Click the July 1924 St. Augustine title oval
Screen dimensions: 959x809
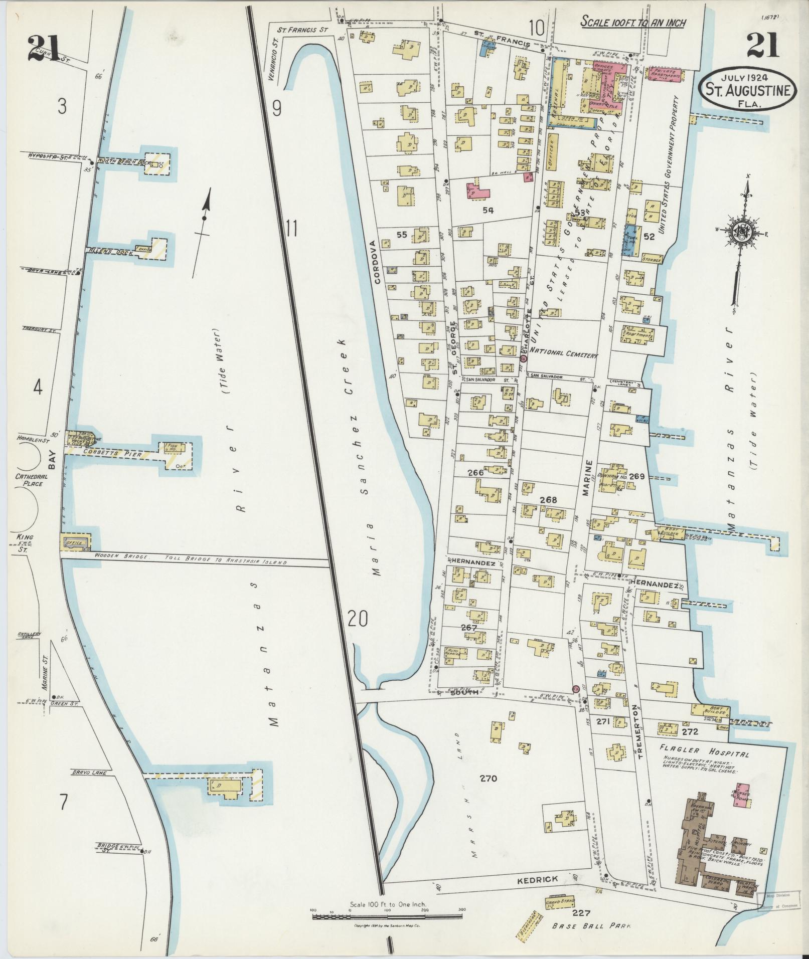click(746, 90)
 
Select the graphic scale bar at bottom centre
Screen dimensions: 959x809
click(387, 917)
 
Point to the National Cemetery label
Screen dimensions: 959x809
click(564, 353)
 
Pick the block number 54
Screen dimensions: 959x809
click(488, 211)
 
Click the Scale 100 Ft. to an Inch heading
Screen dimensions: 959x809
click(633, 23)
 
